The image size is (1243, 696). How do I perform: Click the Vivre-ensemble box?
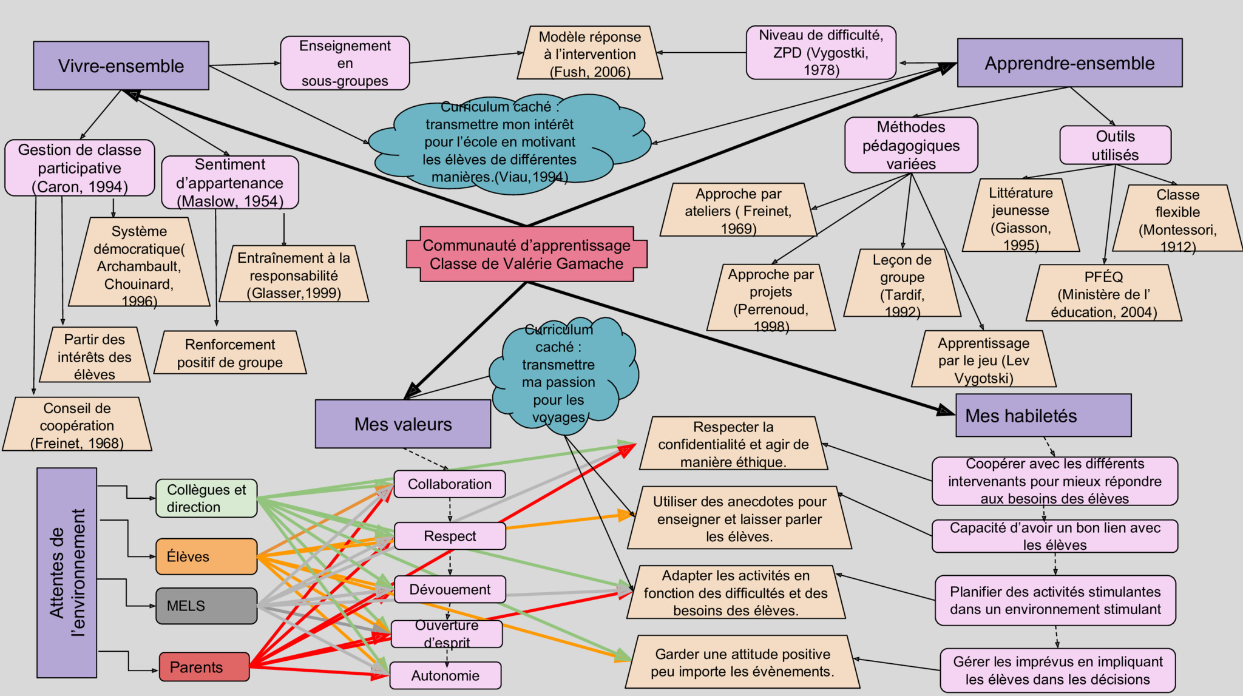[x=121, y=66]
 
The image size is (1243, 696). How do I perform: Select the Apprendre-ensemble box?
[x=1069, y=63]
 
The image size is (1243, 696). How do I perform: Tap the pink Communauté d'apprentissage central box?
[x=526, y=254]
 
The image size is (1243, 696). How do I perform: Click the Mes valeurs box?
[x=403, y=424]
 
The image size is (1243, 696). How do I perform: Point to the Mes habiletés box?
[x=1043, y=415]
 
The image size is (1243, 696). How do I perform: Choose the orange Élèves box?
[x=206, y=556]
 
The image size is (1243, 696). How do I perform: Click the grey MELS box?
[x=206, y=606]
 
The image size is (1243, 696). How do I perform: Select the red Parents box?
[x=205, y=667]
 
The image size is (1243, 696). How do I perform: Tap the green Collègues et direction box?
[x=206, y=498]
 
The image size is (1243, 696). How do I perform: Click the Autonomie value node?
[x=445, y=675]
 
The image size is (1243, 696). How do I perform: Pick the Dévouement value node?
[x=450, y=589]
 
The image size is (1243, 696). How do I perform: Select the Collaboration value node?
[x=450, y=484]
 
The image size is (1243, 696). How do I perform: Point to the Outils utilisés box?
[x=1116, y=145]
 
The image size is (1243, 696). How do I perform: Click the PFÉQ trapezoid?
[x=1104, y=292]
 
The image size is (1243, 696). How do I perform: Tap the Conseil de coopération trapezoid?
[x=77, y=424]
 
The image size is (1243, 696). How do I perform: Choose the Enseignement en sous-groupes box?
[x=345, y=63]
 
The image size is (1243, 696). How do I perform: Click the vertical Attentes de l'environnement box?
[x=67, y=572]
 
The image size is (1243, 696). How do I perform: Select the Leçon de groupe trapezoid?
[x=903, y=283]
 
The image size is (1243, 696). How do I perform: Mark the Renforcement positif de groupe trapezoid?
[x=230, y=353]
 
